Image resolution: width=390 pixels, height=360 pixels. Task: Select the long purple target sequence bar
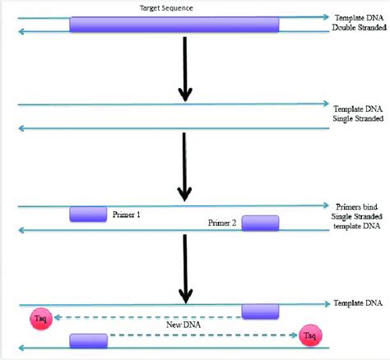pos(174,24)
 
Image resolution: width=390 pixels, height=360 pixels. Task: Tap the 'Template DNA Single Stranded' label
pos(358,113)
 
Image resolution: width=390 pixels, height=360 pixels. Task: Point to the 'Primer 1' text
pos(127,215)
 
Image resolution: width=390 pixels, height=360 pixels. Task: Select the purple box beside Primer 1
pos(87,215)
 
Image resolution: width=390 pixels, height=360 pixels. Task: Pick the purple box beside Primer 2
pos(260,223)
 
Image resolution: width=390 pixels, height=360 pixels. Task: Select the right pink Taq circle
pos(310,335)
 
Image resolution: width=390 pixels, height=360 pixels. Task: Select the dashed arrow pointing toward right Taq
pos(202,335)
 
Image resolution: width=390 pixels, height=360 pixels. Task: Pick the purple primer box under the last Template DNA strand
pos(260,311)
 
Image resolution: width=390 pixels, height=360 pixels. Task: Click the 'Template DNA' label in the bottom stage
pos(358,303)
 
